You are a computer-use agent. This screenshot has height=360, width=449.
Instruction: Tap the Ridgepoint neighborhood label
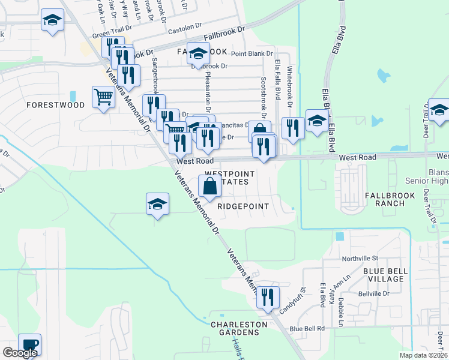[x=243, y=205]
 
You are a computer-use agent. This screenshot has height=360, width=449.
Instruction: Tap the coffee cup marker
[x=29, y=344]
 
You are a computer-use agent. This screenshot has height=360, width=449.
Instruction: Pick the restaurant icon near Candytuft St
[x=268, y=297]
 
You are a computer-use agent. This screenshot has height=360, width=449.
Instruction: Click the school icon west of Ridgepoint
[x=157, y=204]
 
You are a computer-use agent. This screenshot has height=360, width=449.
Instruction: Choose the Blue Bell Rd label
[x=307, y=328]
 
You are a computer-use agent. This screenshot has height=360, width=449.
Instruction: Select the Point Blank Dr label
[x=250, y=53]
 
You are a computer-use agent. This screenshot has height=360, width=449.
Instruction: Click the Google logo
[x=20, y=353]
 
